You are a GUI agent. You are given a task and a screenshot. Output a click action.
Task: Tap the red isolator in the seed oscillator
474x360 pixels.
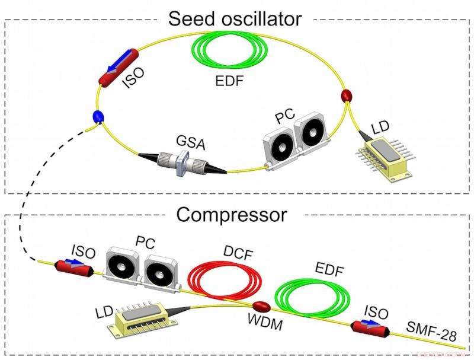pos(116,69)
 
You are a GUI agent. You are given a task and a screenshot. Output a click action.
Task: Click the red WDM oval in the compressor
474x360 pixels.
pos(261,307)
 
